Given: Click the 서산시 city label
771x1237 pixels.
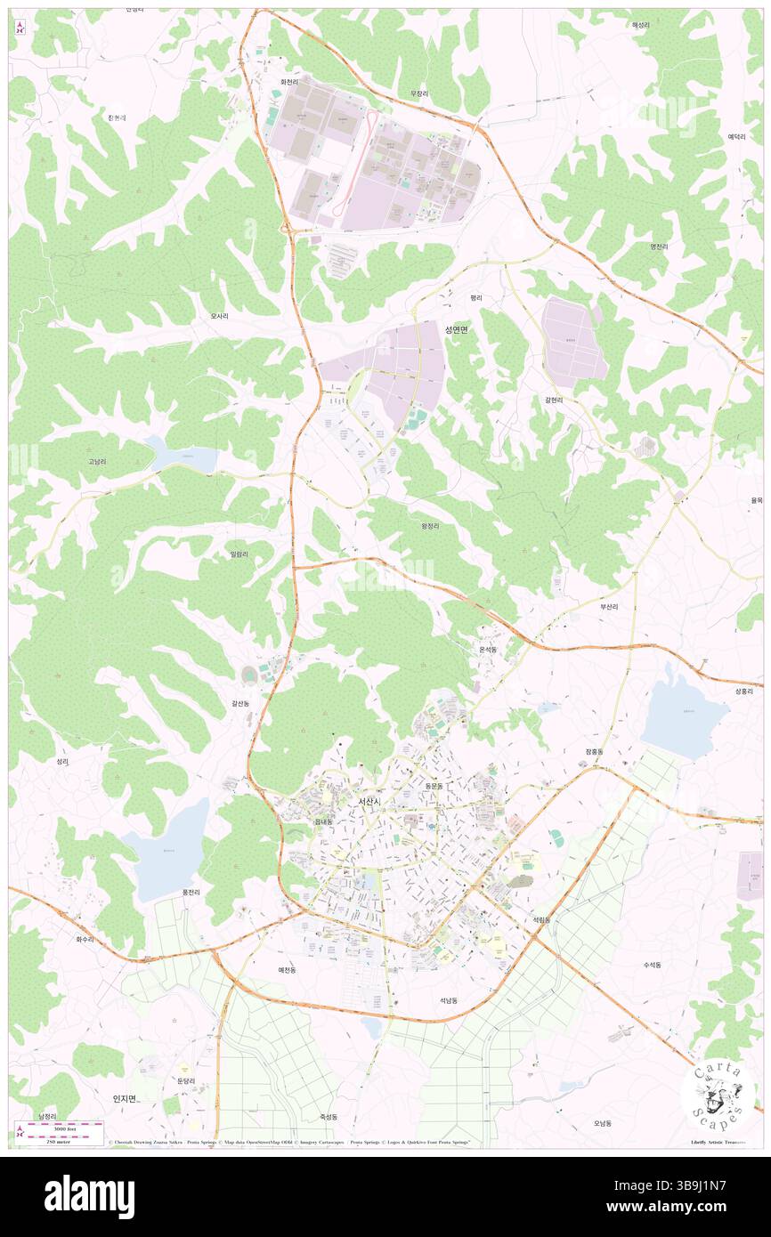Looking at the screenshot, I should pos(369,802).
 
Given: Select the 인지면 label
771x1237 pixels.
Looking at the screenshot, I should pos(125,1098).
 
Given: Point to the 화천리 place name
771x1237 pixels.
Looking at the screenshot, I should pos(288,82).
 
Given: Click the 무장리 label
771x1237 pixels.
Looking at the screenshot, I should pos(418,93).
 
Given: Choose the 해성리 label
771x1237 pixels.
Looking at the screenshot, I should pos(641,25).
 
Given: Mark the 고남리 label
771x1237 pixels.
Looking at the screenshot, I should pos(97,462).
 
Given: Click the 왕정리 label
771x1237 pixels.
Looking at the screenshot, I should pos(430,526).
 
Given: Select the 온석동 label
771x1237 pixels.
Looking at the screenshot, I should pos(488,650).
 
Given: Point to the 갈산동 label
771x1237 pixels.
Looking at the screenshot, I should pos(240,703).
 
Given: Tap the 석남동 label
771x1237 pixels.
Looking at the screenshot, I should pos(448,1000).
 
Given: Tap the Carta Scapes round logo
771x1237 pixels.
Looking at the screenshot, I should pos(718,1094).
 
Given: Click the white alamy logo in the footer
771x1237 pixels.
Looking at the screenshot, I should pos(89,1196).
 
